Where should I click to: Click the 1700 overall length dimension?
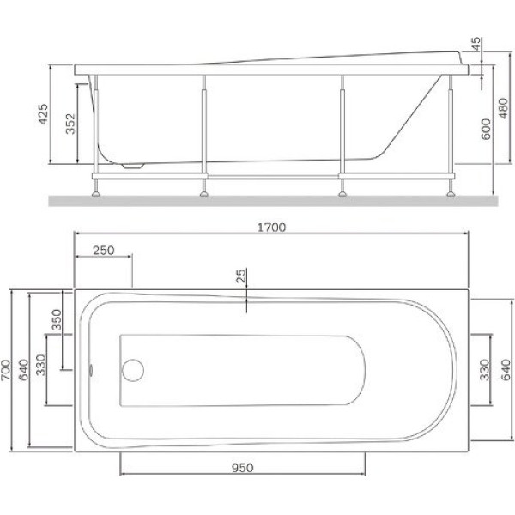coord(271,227)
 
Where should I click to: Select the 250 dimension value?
coord(104,251)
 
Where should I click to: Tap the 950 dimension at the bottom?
coord(243,468)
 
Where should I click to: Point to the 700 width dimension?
coord(6,370)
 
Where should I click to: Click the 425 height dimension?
coord(44,114)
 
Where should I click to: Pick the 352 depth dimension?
coord(70,124)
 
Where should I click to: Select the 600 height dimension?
coord(486,129)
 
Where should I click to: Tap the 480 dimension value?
coord(503,108)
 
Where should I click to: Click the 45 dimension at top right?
coord(476,45)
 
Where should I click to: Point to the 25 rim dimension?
coord(241,276)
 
